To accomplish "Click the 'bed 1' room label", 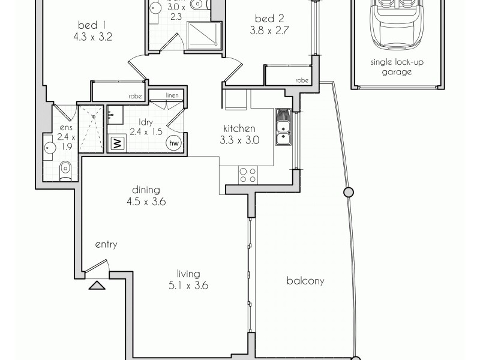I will tap(92, 25).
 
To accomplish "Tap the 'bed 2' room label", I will tap(263, 19).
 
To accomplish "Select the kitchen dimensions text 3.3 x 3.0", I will tap(239, 140).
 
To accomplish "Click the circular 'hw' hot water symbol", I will tap(175, 143).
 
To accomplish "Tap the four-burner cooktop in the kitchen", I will tap(248, 175).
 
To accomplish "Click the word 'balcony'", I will tap(306, 280).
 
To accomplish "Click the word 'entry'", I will tap(106, 245).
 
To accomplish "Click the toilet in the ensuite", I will tap(65, 171).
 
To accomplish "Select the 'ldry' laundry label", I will tap(130, 122).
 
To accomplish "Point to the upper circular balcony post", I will tap(347, 193).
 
